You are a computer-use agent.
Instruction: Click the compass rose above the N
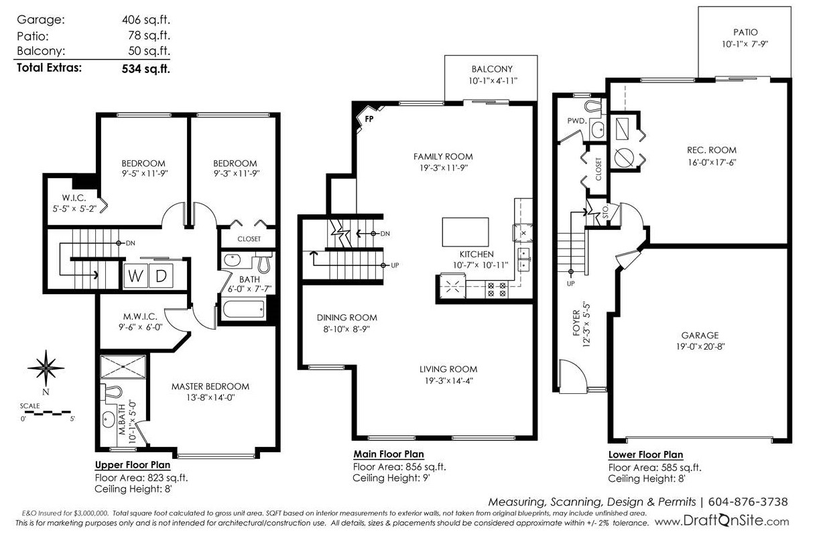(x=46, y=368)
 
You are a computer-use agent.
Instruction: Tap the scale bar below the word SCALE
(x=48, y=413)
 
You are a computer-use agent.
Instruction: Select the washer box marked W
(x=135, y=276)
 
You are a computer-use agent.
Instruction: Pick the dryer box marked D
(x=161, y=276)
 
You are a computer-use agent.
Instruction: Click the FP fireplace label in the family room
(x=369, y=119)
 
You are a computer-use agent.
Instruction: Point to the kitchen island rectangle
(x=465, y=232)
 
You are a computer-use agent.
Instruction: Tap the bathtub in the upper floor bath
(x=243, y=310)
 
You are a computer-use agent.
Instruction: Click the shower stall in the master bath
(x=123, y=366)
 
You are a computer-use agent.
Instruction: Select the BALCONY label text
(x=492, y=69)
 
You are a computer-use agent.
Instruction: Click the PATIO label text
(x=745, y=32)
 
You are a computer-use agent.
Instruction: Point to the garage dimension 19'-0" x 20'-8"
(x=700, y=346)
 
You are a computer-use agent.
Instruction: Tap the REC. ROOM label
(x=712, y=150)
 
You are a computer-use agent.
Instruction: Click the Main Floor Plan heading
(x=389, y=454)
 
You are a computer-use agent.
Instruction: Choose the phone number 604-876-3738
(x=748, y=502)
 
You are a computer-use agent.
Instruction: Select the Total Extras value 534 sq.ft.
(x=146, y=68)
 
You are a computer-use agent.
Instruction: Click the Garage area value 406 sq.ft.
(x=146, y=19)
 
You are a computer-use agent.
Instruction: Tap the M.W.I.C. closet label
(x=140, y=316)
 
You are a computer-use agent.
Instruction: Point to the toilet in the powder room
(x=592, y=105)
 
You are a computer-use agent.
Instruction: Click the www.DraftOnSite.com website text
(x=722, y=521)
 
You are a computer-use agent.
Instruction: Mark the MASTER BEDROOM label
(x=210, y=387)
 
